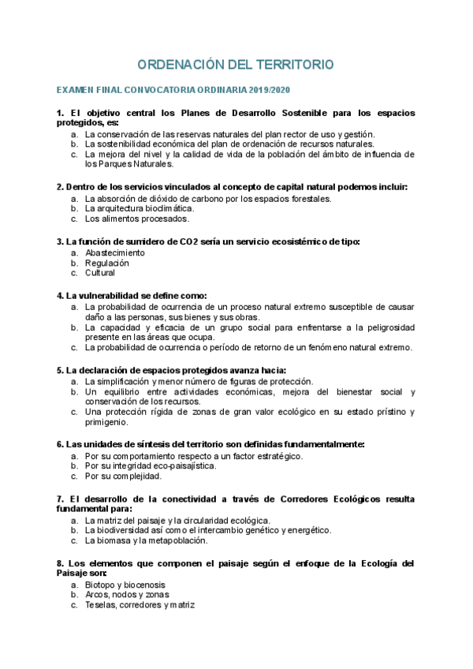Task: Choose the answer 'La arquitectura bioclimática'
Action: point(139,209)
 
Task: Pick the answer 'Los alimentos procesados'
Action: point(136,219)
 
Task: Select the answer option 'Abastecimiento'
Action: point(115,252)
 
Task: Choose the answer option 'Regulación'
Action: point(107,263)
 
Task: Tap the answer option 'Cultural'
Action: point(100,273)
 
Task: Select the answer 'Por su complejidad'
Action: point(123,477)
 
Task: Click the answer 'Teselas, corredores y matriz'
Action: point(140,605)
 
